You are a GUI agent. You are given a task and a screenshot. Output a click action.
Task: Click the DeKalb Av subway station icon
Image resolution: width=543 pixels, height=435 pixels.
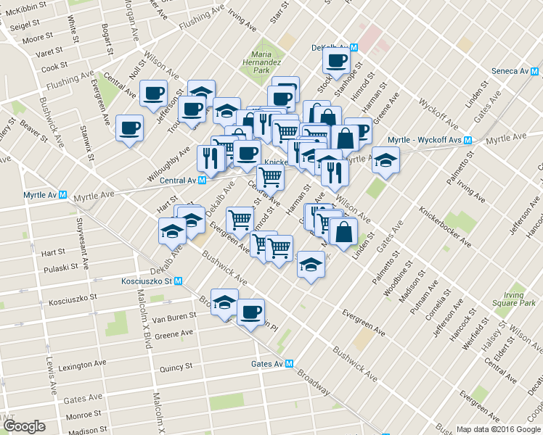point(354,47)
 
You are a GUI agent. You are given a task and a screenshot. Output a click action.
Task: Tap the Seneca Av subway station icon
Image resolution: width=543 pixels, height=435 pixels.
point(535,71)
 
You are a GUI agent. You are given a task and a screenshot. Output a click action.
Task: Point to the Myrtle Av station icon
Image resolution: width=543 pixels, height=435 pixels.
point(63,195)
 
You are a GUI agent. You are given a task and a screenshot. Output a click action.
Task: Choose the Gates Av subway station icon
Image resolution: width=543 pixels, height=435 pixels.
point(289,364)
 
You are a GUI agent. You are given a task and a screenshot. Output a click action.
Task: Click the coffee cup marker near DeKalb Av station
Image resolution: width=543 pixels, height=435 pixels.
point(337,60)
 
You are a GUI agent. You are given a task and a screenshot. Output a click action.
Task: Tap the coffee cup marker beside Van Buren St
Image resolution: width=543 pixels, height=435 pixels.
point(250,312)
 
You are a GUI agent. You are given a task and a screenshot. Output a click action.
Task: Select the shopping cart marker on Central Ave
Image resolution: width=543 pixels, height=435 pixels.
point(270,175)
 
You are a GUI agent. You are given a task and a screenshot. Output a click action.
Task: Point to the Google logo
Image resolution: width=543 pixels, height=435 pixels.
point(23,426)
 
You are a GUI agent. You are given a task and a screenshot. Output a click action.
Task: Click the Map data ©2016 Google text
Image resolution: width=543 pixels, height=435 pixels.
point(498,428)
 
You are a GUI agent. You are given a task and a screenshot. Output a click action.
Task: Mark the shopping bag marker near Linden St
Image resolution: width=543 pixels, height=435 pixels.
point(343,231)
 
